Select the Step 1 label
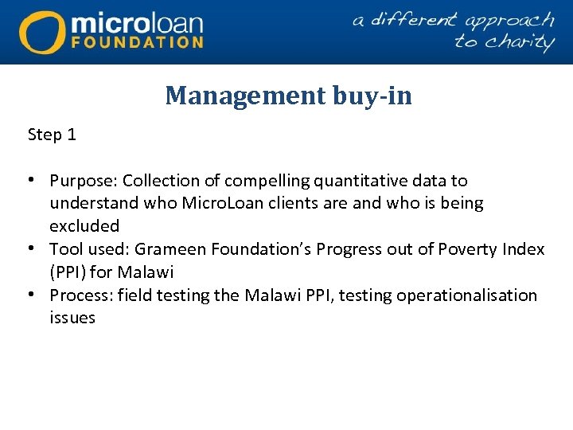[52, 135]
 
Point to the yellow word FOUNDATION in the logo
[137, 42]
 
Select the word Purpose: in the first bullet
[84, 181]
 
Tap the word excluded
[84, 226]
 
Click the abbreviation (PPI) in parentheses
[67, 272]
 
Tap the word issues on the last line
[72, 319]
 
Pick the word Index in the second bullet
[524, 249]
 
